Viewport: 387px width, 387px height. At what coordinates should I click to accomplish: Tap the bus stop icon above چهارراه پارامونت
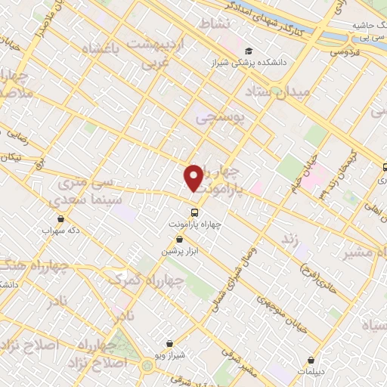(x=194, y=212)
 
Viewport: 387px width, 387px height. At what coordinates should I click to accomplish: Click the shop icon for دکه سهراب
(x=60, y=218)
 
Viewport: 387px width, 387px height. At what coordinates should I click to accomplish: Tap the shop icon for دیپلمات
(x=311, y=360)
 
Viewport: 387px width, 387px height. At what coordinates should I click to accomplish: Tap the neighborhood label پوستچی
(x=220, y=117)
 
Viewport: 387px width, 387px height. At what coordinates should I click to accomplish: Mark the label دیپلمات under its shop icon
(x=311, y=372)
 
